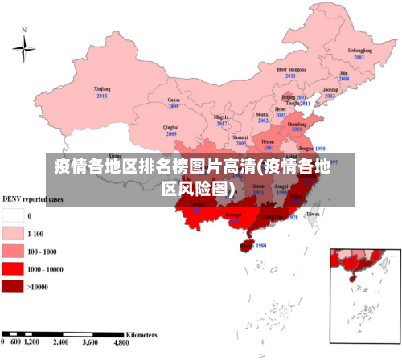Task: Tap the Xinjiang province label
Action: coord(102,89)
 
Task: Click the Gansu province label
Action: coord(174,100)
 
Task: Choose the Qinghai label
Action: coord(170,127)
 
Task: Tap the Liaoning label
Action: coord(330,89)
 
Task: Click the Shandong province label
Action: coord(297,125)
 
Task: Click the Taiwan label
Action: coord(313,215)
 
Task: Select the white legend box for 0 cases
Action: coord(12,216)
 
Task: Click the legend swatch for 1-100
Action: coord(12,234)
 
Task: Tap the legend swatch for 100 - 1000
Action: coord(12,252)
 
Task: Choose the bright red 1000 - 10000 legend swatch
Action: coord(12,269)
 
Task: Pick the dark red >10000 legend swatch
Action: coord(12,286)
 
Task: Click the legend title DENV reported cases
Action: coord(34,198)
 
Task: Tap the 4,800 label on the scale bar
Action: coord(121,342)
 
